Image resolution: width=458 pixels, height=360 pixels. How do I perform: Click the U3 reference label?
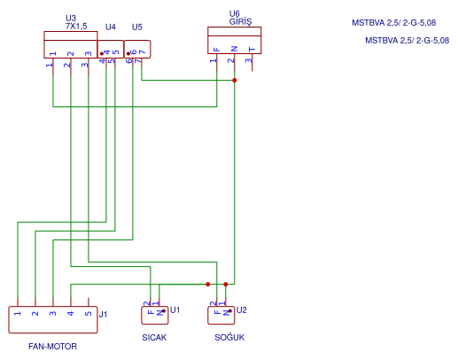(71, 19)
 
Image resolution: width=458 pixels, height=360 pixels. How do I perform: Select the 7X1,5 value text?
(76, 27)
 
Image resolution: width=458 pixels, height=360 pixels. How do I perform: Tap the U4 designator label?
(111, 27)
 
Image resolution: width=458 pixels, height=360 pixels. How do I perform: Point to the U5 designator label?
(137, 27)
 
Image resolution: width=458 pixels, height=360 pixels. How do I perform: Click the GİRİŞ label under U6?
(240, 21)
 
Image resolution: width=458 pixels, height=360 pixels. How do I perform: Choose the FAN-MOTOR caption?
(52, 347)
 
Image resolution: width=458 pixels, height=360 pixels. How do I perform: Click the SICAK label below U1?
(154, 338)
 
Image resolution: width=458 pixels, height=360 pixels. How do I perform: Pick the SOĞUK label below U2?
(229, 337)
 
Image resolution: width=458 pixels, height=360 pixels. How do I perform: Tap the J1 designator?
(103, 314)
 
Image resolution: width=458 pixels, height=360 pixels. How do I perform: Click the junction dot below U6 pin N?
(235, 81)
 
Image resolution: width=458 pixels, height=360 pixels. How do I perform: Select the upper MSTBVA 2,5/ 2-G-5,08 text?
(394, 23)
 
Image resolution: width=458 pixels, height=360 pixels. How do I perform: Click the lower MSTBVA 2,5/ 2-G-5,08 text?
(408, 41)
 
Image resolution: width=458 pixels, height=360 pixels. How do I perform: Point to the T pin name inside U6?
(252, 49)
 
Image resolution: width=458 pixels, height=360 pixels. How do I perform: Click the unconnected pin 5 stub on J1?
(89, 302)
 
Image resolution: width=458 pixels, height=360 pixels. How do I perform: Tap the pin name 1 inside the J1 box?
(18, 313)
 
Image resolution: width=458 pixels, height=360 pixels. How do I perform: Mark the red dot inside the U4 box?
(102, 54)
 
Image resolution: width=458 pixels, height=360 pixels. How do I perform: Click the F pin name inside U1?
(151, 312)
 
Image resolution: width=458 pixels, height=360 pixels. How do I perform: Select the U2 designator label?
(242, 310)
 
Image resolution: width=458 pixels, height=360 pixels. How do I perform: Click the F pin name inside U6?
(217, 50)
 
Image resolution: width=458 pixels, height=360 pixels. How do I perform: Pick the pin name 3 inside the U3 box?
(89, 53)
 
